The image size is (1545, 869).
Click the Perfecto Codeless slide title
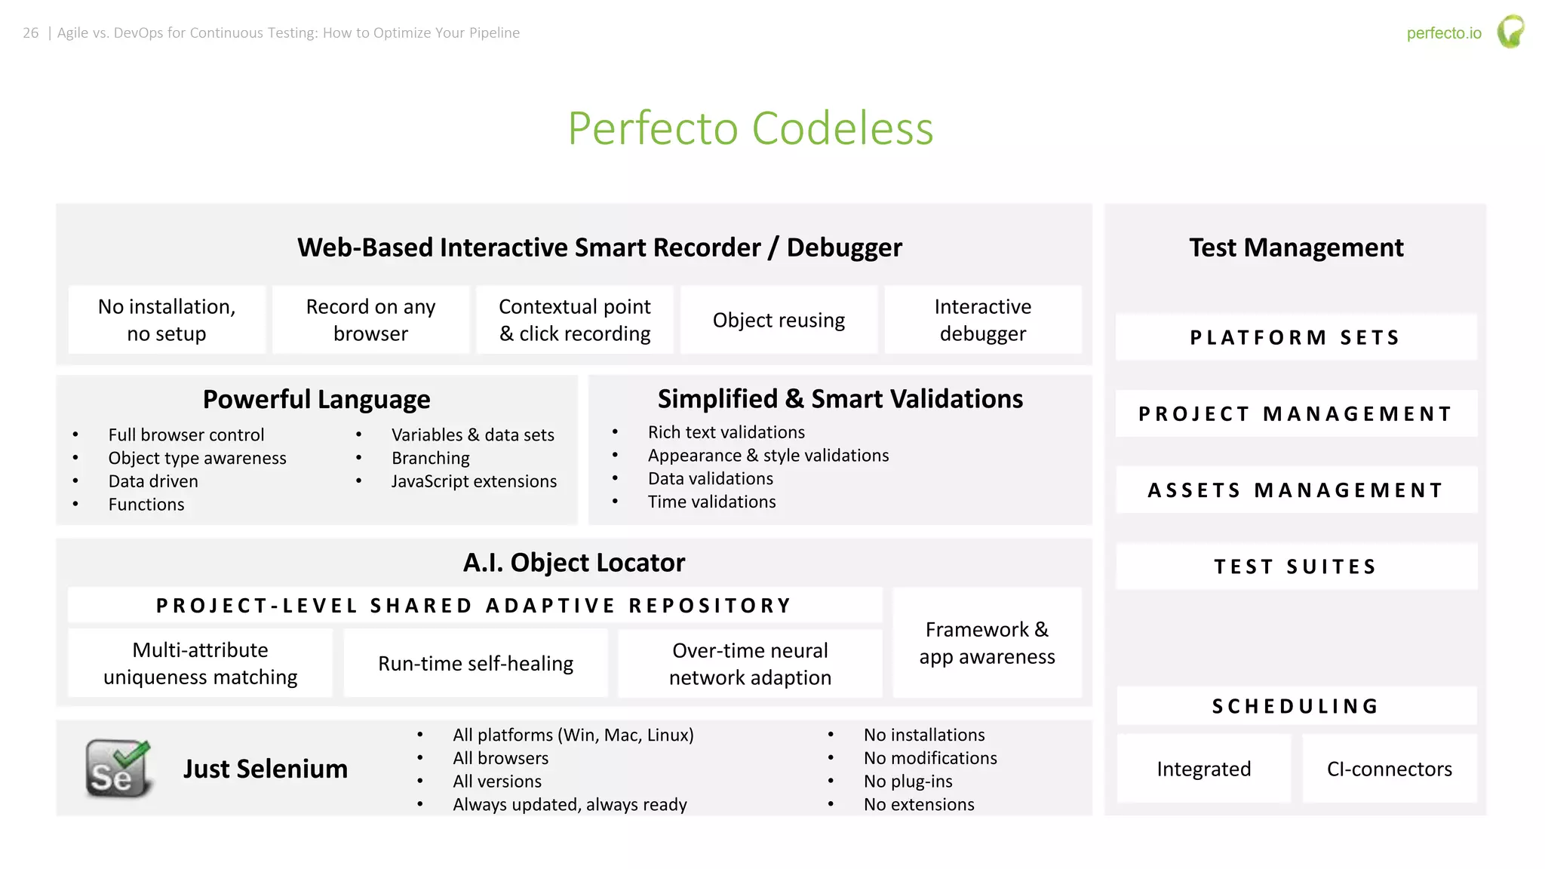[x=751, y=128]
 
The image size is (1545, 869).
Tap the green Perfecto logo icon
[x=1510, y=32]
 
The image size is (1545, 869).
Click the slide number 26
[x=31, y=33]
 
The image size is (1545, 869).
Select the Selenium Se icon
[x=118, y=769]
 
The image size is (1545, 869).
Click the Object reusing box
[x=779, y=320]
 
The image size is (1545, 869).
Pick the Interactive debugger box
[x=982, y=320]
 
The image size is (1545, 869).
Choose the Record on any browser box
[x=370, y=320]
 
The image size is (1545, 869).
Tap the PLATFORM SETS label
[x=1295, y=337]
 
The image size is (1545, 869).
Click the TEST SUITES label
[x=1295, y=567]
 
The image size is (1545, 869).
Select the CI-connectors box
[x=1389, y=769]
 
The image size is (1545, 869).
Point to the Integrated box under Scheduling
[x=1203, y=769]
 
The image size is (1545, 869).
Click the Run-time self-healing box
[x=475, y=664]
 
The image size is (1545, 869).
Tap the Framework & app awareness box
[x=987, y=643]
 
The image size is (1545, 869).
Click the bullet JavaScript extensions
[x=474, y=481]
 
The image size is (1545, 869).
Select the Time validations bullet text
[x=711, y=502]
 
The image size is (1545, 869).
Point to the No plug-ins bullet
[x=908, y=781]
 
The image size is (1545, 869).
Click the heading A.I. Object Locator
[x=574, y=563]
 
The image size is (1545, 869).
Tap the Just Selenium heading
[x=266, y=769]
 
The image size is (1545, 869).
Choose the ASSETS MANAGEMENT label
[x=1295, y=490]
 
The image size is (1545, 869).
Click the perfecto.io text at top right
[x=1444, y=33]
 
